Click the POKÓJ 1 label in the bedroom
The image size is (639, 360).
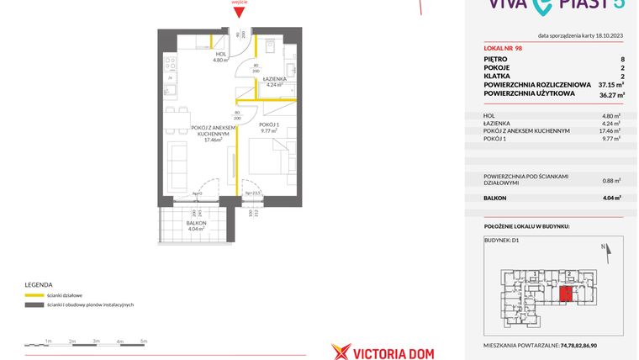[270, 125]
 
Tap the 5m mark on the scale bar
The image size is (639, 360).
[144, 341]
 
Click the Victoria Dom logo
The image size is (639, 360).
[383, 350]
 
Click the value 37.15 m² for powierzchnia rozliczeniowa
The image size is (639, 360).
[609, 85]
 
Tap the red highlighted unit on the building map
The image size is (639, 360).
[568, 293]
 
